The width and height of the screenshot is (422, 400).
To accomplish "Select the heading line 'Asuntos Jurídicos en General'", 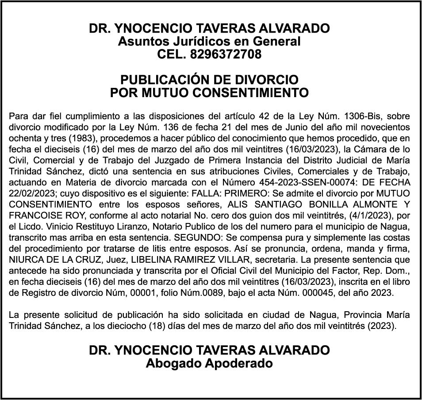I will (x=209, y=42).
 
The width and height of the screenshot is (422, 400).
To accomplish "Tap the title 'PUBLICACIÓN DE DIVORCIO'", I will (x=209, y=80).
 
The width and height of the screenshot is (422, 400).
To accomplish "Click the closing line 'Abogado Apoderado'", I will (x=209, y=363).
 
